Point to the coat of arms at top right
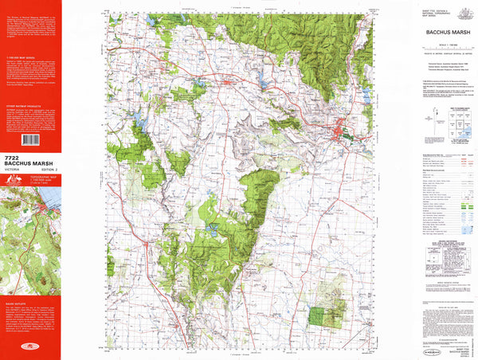point(461,10)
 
